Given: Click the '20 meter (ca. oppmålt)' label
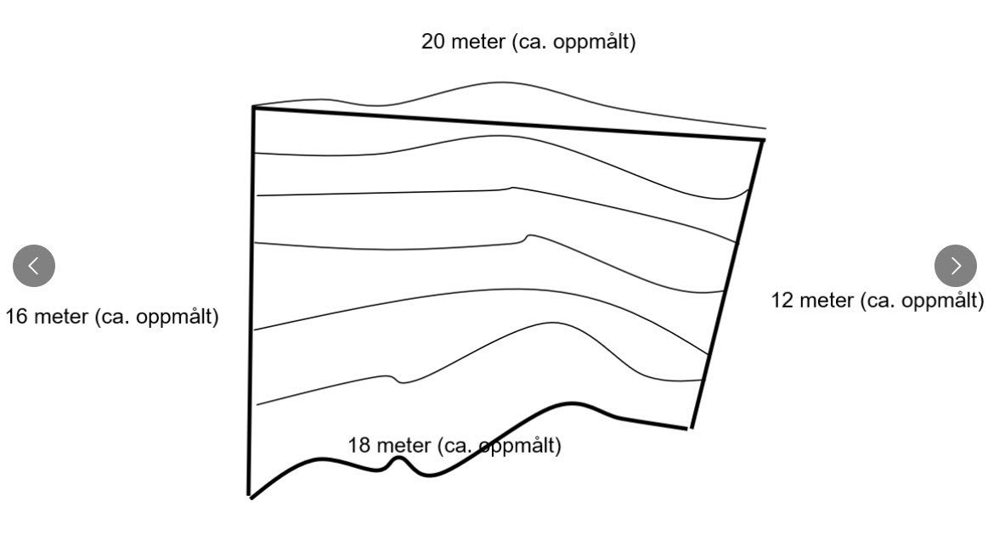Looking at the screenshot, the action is pyautogui.click(x=528, y=42).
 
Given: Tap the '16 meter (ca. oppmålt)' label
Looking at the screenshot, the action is pyautogui.click(x=112, y=316).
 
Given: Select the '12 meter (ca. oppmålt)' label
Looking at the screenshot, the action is pyautogui.click(x=877, y=301).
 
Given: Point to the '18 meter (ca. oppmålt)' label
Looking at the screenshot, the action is pyautogui.click(x=454, y=445).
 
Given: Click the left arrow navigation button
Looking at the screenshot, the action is pyautogui.click(x=34, y=266).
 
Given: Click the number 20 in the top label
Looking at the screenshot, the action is pyautogui.click(x=433, y=42).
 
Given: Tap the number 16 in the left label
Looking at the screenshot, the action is pyautogui.click(x=17, y=316).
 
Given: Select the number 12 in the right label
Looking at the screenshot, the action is pyautogui.click(x=782, y=300).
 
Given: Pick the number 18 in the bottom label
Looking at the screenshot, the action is pyautogui.click(x=359, y=445).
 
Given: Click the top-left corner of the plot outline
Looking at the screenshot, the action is pyautogui.click(x=253, y=108).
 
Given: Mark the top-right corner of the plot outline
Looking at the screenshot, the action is pyautogui.click(x=763, y=139).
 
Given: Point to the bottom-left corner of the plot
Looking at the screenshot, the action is pyautogui.click(x=250, y=497).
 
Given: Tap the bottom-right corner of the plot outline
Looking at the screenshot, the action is pyautogui.click(x=691, y=428).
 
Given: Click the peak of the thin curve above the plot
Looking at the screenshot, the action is pyautogui.click(x=501, y=82).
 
